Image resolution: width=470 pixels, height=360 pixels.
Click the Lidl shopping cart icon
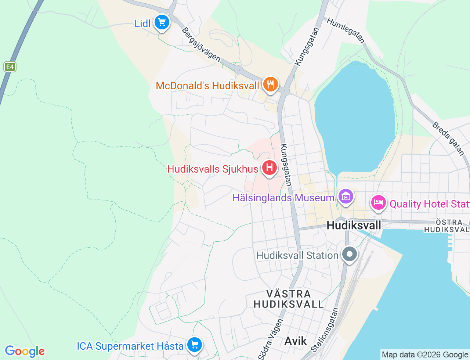tap(162, 23)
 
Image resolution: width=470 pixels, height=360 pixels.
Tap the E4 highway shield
tap(10, 67)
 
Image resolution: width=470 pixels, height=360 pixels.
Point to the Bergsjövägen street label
tap(201, 45)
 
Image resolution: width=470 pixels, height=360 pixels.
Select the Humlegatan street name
tap(346, 30)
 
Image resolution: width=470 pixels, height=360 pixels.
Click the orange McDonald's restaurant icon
tap(270, 84)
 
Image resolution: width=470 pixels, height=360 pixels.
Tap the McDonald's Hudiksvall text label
tap(207, 86)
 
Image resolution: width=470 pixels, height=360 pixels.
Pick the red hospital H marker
tap(270, 168)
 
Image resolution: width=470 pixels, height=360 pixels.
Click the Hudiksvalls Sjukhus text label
tap(213, 169)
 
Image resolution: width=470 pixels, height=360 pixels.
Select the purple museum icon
tap(346, 197)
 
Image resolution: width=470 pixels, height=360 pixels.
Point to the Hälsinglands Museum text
tap(283, 198)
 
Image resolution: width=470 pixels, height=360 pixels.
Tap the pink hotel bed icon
tap(378, 203)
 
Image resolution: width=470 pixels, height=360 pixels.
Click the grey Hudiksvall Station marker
tap(350, 254)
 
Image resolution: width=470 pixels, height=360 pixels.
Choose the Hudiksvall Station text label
tap(297, 256)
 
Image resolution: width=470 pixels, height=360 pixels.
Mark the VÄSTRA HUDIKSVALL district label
tap(289, 299)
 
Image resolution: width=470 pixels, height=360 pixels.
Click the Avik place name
tap(296, 341)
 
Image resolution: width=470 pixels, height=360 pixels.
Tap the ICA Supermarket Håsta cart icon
tap(194, 345)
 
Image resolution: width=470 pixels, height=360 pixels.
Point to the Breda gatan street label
tap(448, 138)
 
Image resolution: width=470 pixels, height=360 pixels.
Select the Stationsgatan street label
tap(325, 330)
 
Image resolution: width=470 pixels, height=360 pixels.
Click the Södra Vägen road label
tap(271, 339)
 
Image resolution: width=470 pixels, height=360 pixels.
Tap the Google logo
tap(25, 352)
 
